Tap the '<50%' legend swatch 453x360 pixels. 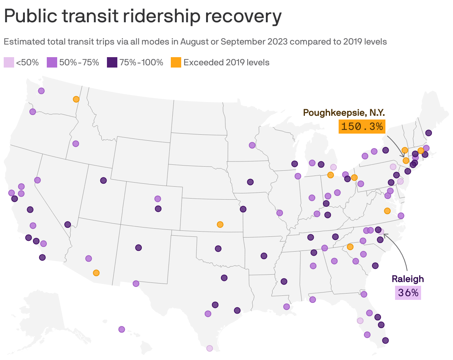pos(9,62)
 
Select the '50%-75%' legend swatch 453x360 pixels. pos(52,62)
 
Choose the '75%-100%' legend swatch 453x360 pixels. pos(112,62)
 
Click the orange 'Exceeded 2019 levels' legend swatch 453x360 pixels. pos(176,62)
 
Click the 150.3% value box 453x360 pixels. pos(362,126)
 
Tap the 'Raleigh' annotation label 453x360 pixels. pos(408,279)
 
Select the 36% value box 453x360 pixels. pos(408,293)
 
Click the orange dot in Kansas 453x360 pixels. pos(220,225)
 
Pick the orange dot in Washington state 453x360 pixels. pos(76,99)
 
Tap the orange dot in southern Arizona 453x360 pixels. pos(96,273)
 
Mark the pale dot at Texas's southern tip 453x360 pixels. pos(209,348)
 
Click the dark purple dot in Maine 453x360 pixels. pos(428,133)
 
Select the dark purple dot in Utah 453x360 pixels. pos(103,180)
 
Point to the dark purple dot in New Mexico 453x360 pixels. pos(138,247)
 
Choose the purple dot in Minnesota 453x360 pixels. pos(252,145)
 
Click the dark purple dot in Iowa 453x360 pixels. pos(250,182)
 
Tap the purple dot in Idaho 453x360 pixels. pos(76,144)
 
